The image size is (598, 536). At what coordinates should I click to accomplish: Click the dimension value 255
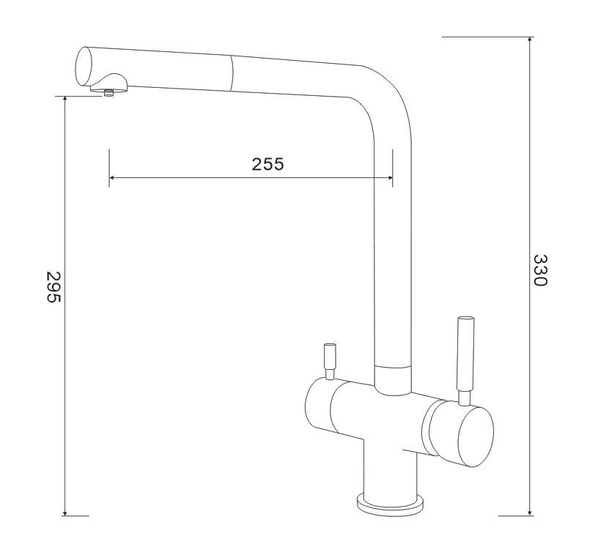pos(267,164)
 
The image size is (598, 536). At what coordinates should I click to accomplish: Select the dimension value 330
pos(540,270)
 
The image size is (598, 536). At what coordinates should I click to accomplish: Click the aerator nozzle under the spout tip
pos(109,92)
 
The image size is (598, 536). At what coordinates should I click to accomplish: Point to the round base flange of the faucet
pos(390,504)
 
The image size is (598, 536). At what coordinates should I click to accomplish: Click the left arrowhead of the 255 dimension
pos(112,177)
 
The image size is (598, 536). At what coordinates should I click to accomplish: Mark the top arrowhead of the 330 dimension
pos(529,40)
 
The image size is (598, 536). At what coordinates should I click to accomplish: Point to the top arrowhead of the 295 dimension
pos(65,100)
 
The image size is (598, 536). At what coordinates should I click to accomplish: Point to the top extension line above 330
pos(487,36)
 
